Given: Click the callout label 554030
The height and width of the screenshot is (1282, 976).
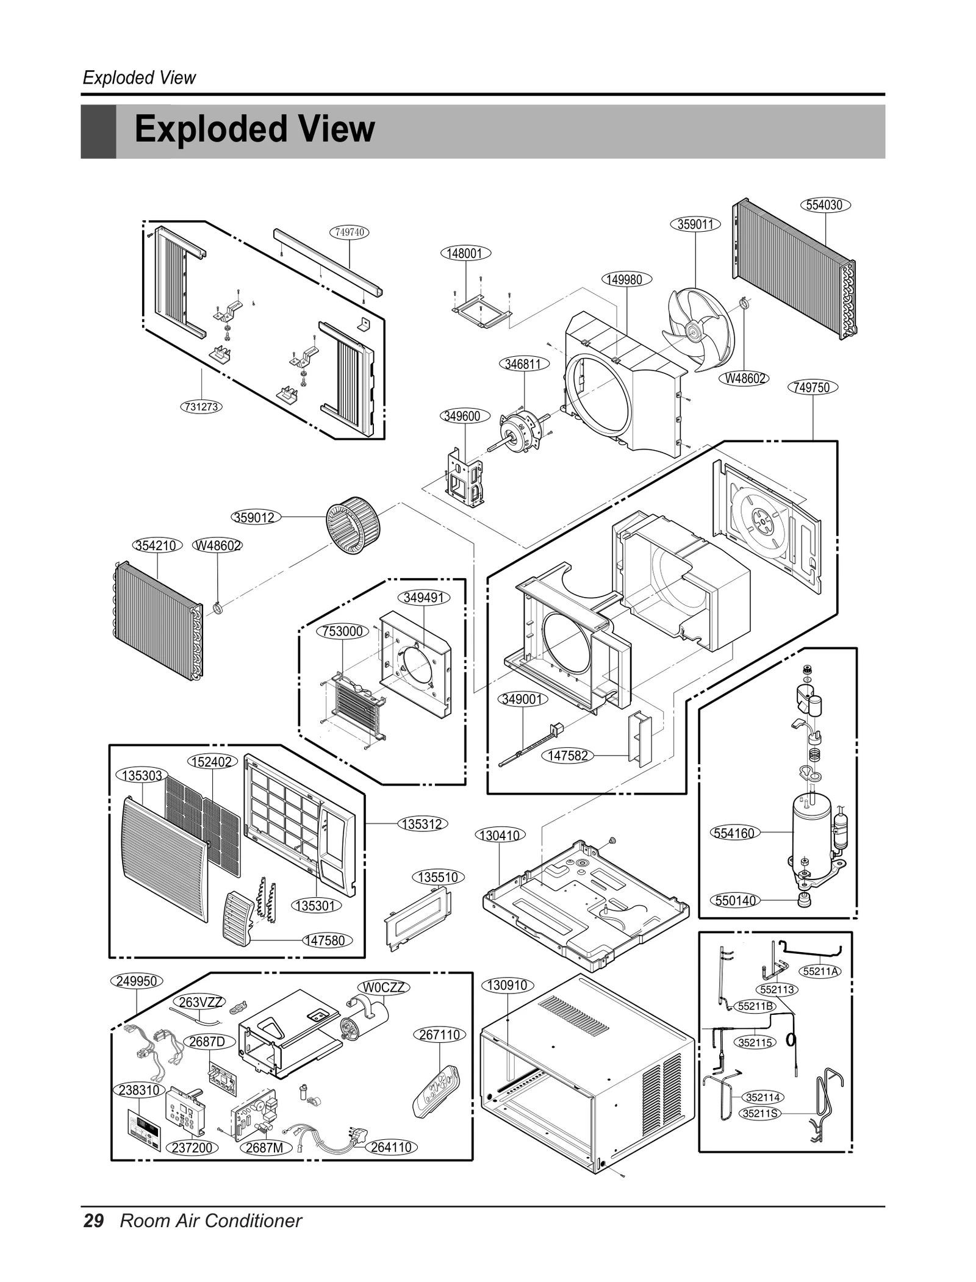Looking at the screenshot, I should [x=824, y=205].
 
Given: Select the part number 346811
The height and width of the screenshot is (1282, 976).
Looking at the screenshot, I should [x=523, y=364].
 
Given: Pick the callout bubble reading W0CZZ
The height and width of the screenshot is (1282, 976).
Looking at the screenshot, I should [x=383, y=987].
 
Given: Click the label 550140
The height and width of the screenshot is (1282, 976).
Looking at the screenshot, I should [x=735, y=900].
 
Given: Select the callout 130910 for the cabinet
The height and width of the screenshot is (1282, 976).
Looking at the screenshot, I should [x=507, y=985].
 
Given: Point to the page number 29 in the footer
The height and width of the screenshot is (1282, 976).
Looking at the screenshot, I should [x=93, y=1220].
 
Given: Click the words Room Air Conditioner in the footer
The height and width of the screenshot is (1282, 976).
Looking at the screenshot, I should [x=210, y=1220].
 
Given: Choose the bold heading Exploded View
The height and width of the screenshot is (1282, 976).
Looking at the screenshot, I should [x=254, y=129].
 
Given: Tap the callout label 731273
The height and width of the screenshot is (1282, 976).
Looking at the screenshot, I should [x=201, y=406].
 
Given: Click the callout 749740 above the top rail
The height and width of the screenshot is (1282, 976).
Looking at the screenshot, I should [x=350, y=232].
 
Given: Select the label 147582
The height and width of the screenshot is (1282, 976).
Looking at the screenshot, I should [x=567, y=756].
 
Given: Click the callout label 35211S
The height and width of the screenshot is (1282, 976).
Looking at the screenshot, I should [x=761, y=1113].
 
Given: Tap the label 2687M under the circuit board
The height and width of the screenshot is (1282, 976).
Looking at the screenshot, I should [x=264, y=1147].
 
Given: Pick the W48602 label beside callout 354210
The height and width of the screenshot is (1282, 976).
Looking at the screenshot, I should [x=218, y=545].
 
